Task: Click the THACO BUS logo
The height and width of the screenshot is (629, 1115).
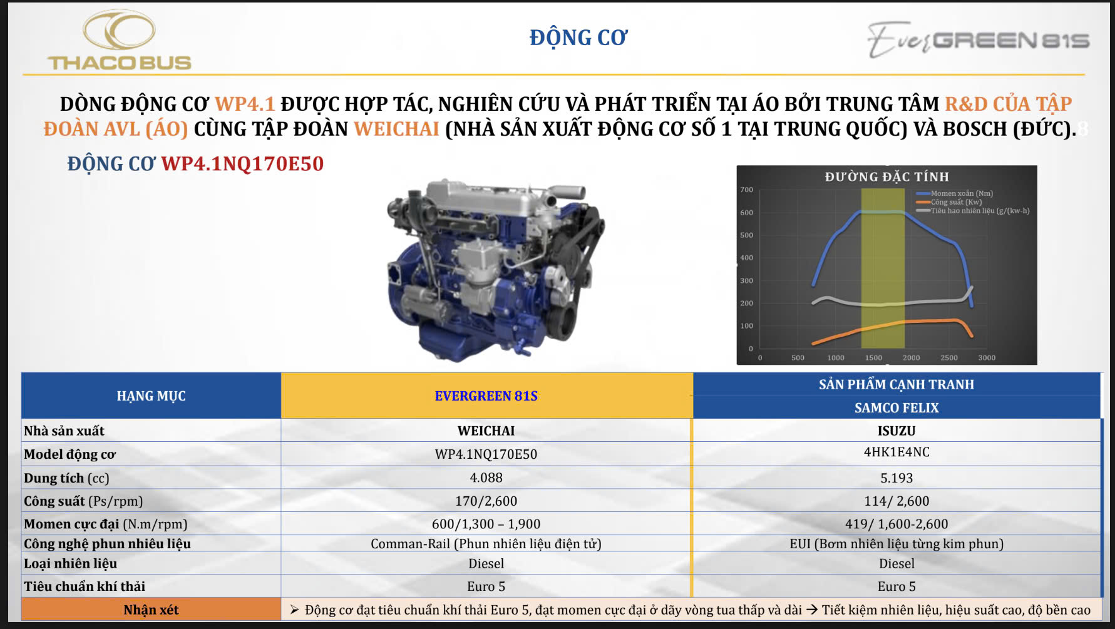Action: pyautogui.click(x=120, y=40)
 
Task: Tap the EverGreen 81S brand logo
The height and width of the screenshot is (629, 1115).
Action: pyautogui.click(x=978, y=39)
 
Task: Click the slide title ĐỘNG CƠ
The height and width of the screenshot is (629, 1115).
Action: pyautogui.click(x=578, y=38)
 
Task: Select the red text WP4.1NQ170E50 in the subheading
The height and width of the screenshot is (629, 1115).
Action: pyautogui.click(x=242, y=164)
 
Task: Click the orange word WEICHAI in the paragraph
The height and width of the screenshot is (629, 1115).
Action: pyautogui.click(x=397, y=129)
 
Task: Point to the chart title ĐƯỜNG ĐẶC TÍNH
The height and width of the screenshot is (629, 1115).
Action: pyautogui.click(x=886, y=177)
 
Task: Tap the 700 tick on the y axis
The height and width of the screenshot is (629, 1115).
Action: pyautogui.click(x=747, y=190)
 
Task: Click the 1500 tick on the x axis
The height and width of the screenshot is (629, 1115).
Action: pyautogui.click(x=873, y=358)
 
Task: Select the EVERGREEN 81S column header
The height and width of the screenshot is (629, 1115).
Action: pyautogui.click(x=486, y=396)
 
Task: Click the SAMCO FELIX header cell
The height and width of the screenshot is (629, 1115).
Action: pyautogui.click(x=897, y=408)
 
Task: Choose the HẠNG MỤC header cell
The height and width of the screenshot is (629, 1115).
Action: pyautogui.click(x=151, y=396)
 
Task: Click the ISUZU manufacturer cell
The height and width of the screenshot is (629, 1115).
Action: pyautogui.click(x=897, y=431)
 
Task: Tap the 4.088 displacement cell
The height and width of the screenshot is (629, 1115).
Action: pyautogui.click(x=486, y=478)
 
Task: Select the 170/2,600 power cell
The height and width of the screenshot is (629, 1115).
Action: pyautogui.click(x=486, y=501)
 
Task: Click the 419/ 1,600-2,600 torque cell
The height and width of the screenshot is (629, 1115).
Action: pyautogui.click(x=897, y=524)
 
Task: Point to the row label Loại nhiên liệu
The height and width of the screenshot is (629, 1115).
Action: pyautogui.click(x=70, y=563)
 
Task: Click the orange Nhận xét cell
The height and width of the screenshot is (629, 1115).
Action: pyautogui.click(x=151, y=610)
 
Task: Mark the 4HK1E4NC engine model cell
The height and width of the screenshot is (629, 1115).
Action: pyautogui.click(x=897, y=452)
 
